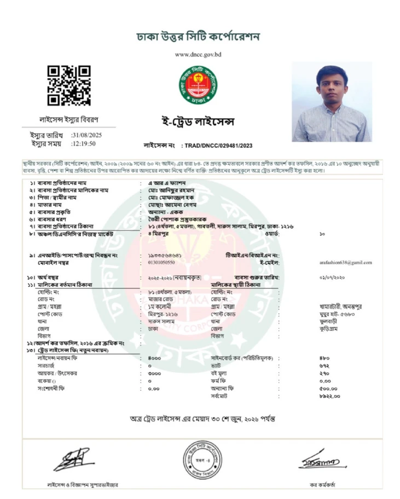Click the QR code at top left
pyautogui.click(x=68, y=85)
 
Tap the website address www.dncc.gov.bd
pyautogui.click(x=198, y=55)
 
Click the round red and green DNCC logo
pyautogui.click(x=198, y=86)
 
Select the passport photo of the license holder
pyautogui.click(x=332, y=102)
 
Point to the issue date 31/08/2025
pyautogui.click(x=86, y=135)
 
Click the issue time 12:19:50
pyautogui.click(x=83, y=143)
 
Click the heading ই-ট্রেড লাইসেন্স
pyautogui.click(x=198, y=120)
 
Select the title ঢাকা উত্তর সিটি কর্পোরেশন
pyautogui.click(x=198, y=37)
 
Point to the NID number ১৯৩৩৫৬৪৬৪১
pyautogui.click(x=165, y=256)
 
